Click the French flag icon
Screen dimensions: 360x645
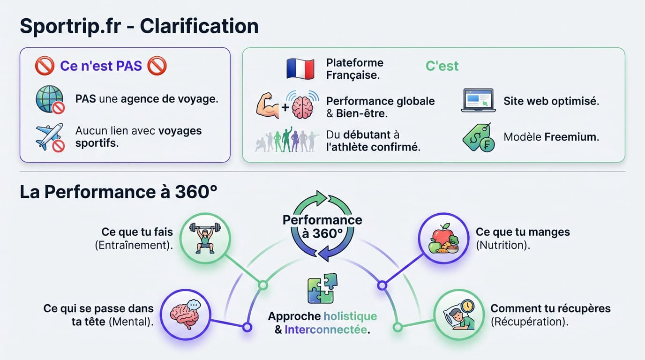pyautogui.click(x=300, y=69)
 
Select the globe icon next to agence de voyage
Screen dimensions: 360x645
pyautogui.click(x=49, y=99)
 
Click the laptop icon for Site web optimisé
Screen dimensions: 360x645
pyautogui.click(x=478, y=100)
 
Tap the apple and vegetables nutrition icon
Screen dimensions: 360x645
pyautogui.click(x=443, y=239)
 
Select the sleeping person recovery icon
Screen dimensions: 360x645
pyautogui.click(x=459, y=314)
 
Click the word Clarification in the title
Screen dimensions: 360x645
pyautogui.click(x=199, y=26)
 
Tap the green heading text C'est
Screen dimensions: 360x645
pyautogui.click(x=442, y=66)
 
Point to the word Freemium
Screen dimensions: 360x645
pyautogui.click(x=571, y=137)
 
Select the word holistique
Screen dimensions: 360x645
pyautogui.click(x=350, y=316)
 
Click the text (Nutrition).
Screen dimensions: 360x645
pyautogui.click(x=502, y=245)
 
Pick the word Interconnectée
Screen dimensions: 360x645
pyautogui.click(x=326, y=330)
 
